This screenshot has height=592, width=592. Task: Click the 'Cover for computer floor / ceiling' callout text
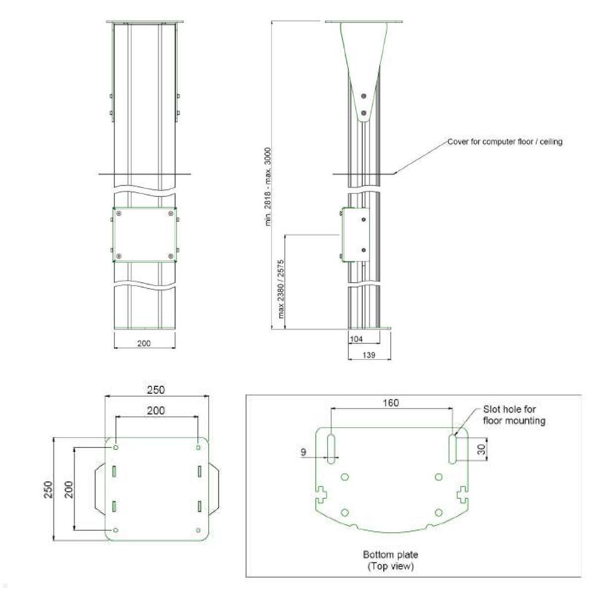pos(505,142)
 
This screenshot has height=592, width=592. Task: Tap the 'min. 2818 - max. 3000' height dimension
pos(268,186)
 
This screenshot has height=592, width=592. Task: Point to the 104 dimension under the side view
pos(356,339)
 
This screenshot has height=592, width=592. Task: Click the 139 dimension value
pos(369,355)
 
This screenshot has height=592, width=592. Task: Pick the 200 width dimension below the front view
pos(144,343)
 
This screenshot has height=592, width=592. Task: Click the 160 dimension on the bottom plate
pos(391,403)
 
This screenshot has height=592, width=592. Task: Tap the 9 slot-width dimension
pos(303,452)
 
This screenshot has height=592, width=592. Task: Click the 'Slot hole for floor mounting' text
pos(514,415)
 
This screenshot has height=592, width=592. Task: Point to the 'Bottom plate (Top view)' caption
pos(390,560)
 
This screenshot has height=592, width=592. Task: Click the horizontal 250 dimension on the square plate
pos(156,390)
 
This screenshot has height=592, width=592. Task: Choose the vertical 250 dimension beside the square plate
pos(48,489)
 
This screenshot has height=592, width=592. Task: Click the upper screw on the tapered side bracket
pos(364,96)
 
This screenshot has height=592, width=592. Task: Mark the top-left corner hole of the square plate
pos(116,447)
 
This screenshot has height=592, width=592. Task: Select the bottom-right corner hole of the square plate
pos(198,530)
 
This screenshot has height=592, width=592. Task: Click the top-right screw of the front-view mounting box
pos(171,213)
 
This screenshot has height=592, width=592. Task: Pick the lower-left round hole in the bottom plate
pos(345,512)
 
